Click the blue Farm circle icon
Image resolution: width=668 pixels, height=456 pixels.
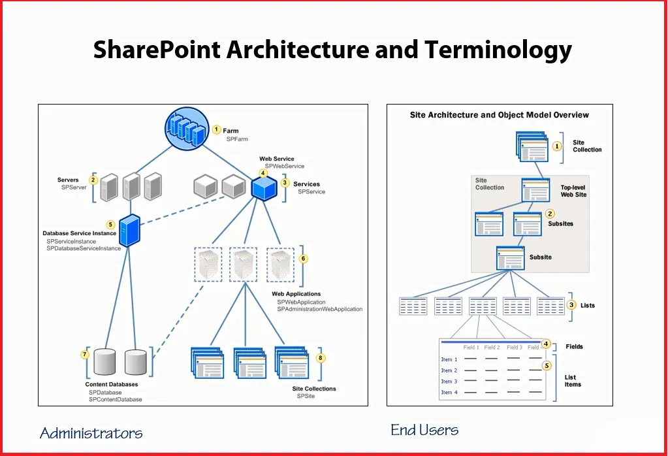pos(187,129)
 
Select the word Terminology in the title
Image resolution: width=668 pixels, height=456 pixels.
pos(498,50)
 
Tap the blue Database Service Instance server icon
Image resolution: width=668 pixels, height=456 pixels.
pos(129,231)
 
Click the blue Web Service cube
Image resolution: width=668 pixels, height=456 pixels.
pos(264,188)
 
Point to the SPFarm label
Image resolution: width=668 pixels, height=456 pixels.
pos(237,139)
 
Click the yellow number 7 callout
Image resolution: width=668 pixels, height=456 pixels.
pos(85,354)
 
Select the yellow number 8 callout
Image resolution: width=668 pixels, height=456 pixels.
pos(321,358)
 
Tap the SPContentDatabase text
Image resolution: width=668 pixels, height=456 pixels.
pos(116,399)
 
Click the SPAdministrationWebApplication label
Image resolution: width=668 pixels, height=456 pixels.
pos(319,309)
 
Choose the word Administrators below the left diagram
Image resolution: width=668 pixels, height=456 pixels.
pos(91,433)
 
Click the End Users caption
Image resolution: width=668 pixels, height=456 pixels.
pos(424,430)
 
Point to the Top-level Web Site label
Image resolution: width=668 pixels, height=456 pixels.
pos(573,191)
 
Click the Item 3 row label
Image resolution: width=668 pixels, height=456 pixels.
pos(449,382)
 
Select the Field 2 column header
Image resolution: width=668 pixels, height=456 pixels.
pos(492,348)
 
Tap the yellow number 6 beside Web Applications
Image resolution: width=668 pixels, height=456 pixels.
pos(304,258)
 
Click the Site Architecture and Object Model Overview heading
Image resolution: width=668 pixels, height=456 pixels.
pos(500,115)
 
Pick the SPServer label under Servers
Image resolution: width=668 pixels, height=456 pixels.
pos(74,187)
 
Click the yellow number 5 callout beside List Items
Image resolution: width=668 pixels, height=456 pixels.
pos(547,366)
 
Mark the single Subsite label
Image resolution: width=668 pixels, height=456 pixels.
pos(541,257)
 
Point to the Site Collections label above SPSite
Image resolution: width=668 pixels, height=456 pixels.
pos(314,389)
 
